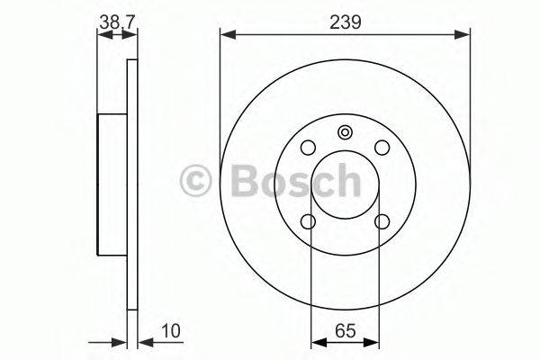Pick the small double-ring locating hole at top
click(x=346, y=133)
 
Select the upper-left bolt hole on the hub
click(x=309, y=148)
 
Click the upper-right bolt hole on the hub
click(x=382, y=148)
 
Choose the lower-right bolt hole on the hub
click(x=382, y=221)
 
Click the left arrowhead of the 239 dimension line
click(x=226, y=35)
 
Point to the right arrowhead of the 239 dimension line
click(x=464, y=35)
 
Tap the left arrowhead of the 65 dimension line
click(x=315, y=342)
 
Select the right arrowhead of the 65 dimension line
click(x=375, y=342)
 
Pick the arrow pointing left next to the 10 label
click(x=143, y=342)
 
